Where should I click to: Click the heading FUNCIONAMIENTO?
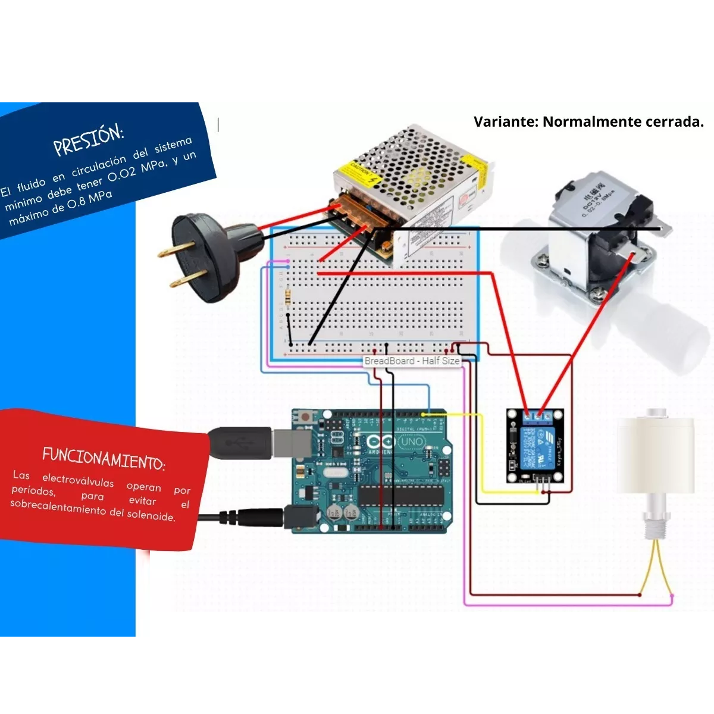pos(104,458)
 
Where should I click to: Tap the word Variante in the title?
pos(505,122)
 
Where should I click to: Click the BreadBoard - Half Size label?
pos(412,361)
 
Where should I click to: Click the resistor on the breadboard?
pos(288,295)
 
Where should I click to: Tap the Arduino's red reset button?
pos(306,416)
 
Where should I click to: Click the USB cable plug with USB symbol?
pos(241,443)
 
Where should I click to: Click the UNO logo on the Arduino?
pos(411,441)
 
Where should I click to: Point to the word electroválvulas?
pos(77,481)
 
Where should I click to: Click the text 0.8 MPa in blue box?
pos(90,200)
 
